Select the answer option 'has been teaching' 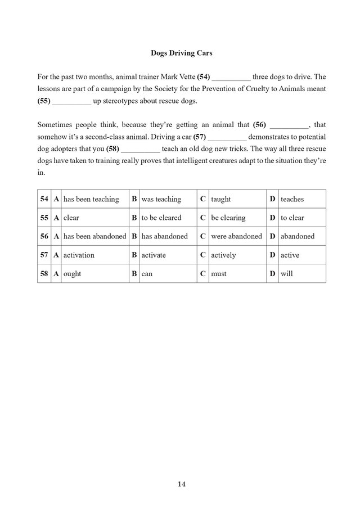click(x=91, y=199)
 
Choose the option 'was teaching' click(x=161, y=199)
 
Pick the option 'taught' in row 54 click(x=220, y=199)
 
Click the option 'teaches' click(x=292, y=199)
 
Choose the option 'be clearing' click(x=228, y=218)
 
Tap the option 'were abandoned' click(x=236, y=236)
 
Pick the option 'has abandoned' click(x=164, y=236)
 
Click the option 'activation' click(x=79, y=255)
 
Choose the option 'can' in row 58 click(x=147, y=274)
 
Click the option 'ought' click(x=72, y=274)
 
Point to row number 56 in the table click(x=44, y=236)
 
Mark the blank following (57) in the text click(x=227, y=137)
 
